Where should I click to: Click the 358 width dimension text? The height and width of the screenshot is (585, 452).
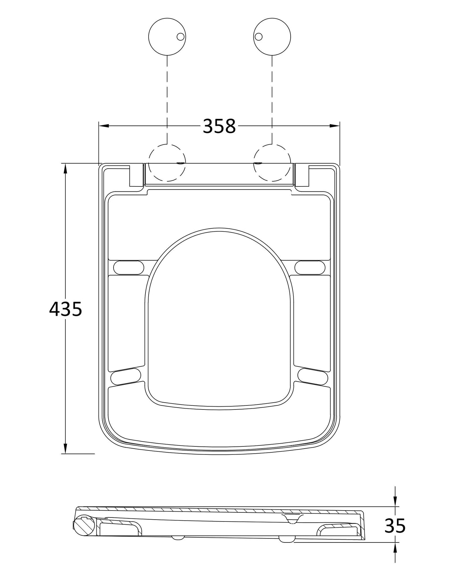(x=219, y=126)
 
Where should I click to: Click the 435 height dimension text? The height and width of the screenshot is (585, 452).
(x=66, y=309)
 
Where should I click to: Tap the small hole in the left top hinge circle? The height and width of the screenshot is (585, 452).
(x=180, y=37)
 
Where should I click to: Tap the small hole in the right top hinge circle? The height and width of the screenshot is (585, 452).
(x=258, y=37)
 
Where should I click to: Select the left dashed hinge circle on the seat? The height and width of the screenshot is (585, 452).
(x=167, y=163)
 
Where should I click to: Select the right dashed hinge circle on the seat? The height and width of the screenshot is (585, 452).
(x=272, y=163)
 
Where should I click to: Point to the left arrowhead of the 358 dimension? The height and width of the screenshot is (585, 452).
(x=103, y=126)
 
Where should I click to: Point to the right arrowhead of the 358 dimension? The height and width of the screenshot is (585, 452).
(x=335, y=126)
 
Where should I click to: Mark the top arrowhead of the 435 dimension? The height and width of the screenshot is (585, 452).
(x=65, y=169)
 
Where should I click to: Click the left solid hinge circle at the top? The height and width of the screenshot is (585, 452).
(x=167, y=36)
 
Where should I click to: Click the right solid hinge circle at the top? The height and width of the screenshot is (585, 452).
(x=272, y=36)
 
